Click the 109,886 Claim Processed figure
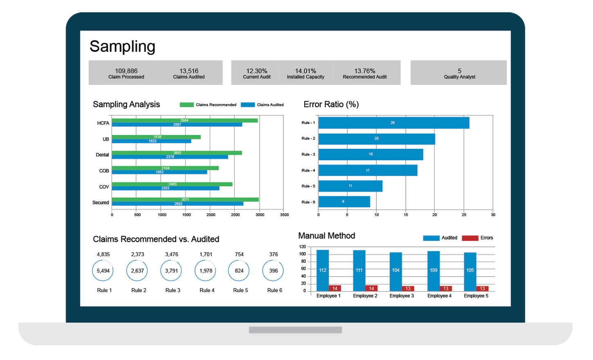point(126,71)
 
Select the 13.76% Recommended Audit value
point(364,71)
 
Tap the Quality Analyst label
point(460,77)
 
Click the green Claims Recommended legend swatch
point(186,105)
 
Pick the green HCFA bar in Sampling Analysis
point(185,121)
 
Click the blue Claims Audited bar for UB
point(151,141)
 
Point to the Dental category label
point(102,155)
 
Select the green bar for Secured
point(185,200)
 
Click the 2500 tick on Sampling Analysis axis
point(235,215)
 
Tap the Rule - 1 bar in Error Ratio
point(394,123)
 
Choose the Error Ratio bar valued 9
point(344,202)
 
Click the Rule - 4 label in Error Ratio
point(308,170)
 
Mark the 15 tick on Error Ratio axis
point(406,215)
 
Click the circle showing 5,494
point(92,271)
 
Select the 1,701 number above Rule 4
point(206,255)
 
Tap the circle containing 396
point(263,271)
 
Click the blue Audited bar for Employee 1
point(323,271)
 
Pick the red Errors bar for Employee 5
point(482,288)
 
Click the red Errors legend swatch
point(470,238)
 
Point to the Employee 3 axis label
point(402,296)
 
